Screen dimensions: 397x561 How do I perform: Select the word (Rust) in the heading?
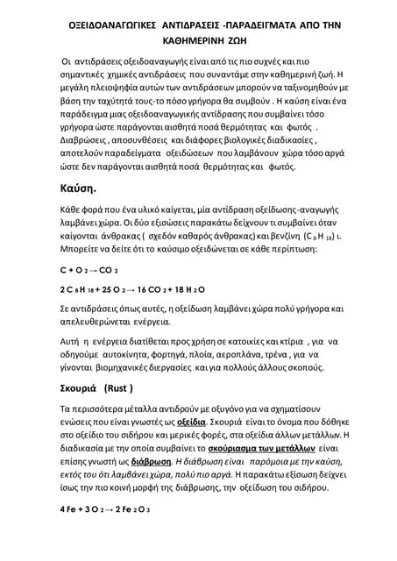point(120,387)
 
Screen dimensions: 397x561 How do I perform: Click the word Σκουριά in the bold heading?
point(77,387)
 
